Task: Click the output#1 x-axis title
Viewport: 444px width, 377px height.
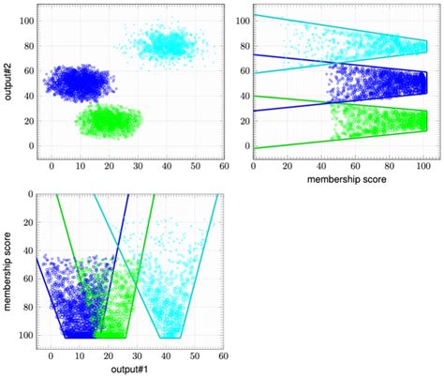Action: [124, 368]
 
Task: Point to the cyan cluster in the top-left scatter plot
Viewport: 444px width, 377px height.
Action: [163, 45]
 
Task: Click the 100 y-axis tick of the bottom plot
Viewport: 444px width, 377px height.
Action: [25, 335]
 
